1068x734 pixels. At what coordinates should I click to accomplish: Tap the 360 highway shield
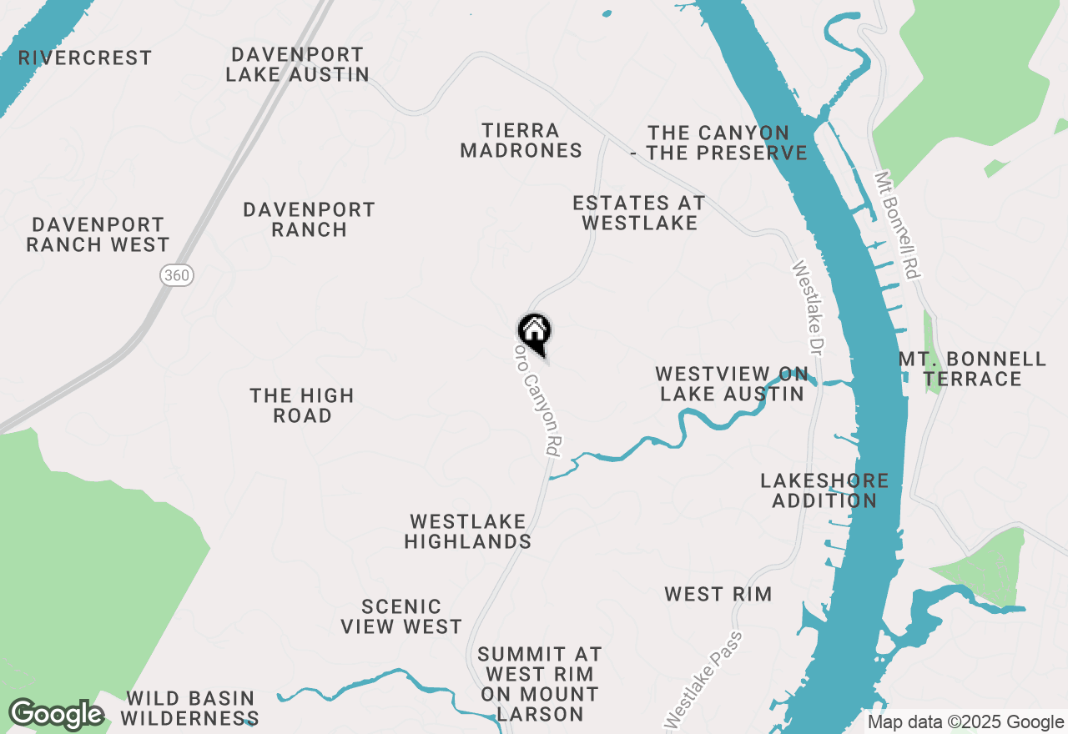177,275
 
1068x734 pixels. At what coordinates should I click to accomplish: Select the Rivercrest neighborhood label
85,58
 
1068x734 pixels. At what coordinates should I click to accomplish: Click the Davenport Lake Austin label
298,64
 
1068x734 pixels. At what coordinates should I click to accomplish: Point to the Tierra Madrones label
521,140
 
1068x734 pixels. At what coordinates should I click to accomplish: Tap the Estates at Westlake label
639,213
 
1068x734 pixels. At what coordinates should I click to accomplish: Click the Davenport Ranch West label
98,234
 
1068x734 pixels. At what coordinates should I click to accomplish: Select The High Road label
302,405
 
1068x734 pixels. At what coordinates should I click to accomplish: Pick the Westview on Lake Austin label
732,384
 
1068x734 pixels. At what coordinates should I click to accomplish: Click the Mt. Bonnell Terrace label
973,369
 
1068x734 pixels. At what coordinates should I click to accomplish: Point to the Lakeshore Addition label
824,490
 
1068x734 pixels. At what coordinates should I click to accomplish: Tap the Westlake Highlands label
468,531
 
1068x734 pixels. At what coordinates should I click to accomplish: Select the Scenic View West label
401,616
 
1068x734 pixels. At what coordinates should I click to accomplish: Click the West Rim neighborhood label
718,594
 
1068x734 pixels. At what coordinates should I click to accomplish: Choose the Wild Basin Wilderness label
192,707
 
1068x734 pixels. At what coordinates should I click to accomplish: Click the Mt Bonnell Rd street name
897,225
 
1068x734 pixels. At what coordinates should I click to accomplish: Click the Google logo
56,715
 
